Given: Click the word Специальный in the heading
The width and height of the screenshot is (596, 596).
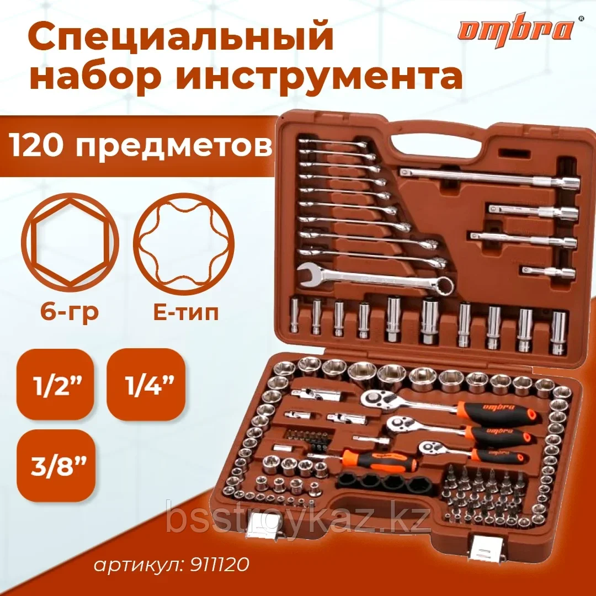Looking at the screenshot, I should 180,39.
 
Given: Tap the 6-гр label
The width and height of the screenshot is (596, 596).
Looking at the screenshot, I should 70,313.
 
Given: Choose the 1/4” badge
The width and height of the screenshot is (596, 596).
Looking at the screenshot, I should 145,384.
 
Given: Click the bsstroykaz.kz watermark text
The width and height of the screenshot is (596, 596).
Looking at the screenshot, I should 298,519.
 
